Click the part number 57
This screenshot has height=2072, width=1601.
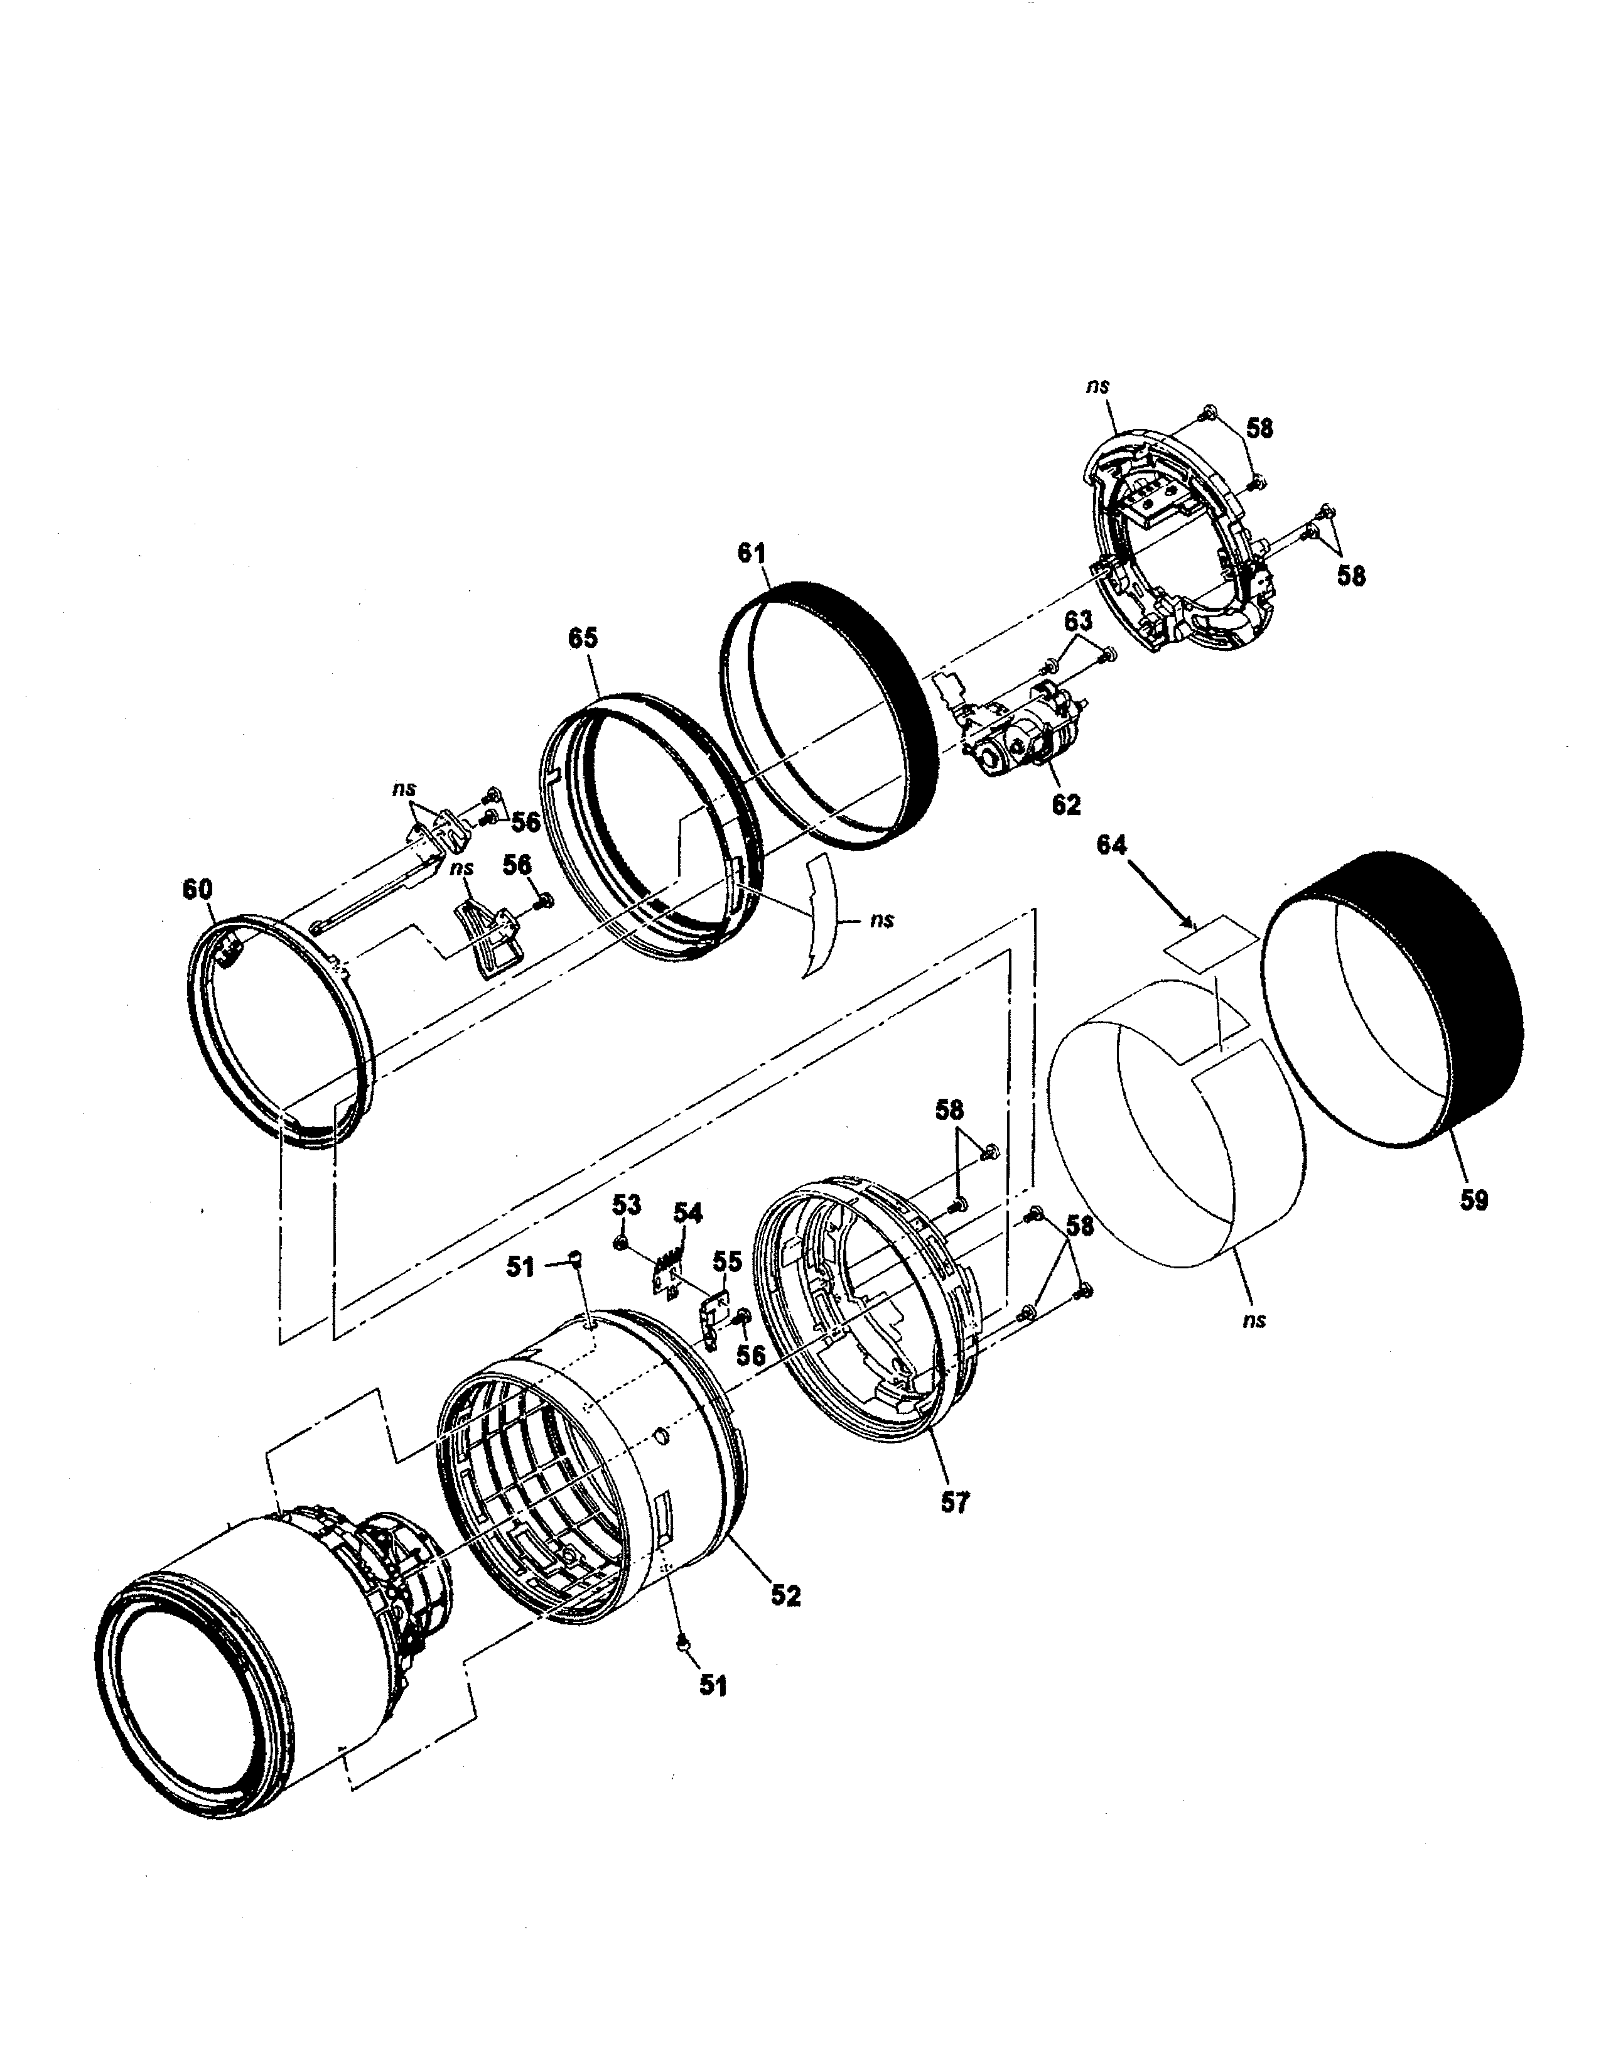954,1502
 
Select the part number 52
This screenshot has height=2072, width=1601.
785,1595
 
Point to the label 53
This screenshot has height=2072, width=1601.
626,1205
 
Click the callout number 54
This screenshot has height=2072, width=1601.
689,1212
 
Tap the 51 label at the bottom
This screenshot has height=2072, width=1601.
713,1685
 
